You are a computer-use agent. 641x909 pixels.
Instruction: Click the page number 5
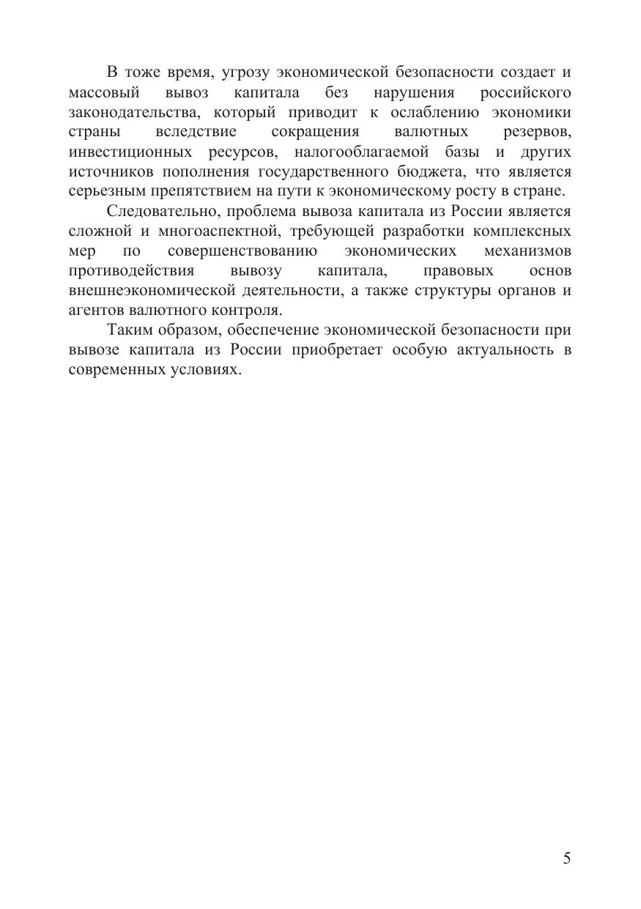pyautogui.click(x=566, y=859)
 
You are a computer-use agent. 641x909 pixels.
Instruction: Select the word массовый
pyautogui.click(x=104, y=93)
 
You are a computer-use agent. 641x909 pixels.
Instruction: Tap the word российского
pyautogui.click(x=525, y=93)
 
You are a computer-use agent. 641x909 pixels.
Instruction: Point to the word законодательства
pyautogui.click(x=131, y=113)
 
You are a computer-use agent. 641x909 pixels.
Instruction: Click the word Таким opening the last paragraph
pyautogui.click(x=130, y=330)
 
